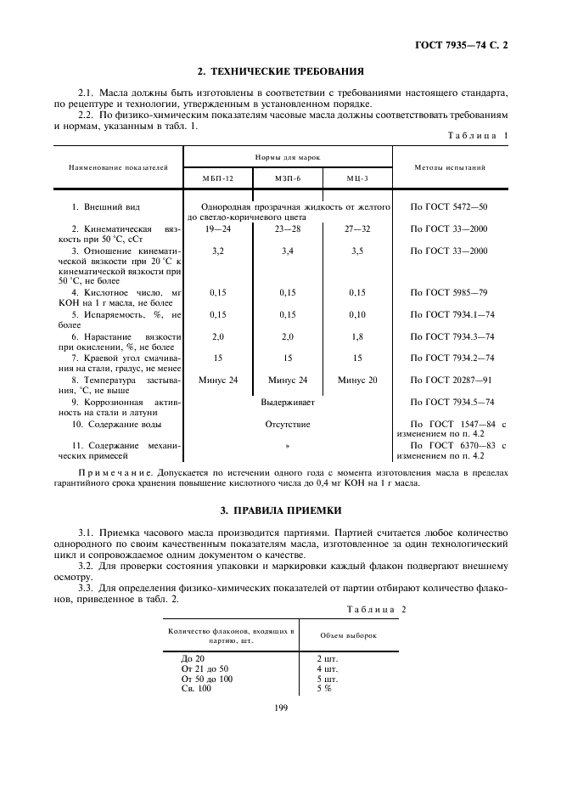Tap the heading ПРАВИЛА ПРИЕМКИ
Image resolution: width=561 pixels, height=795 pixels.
pos(280,510)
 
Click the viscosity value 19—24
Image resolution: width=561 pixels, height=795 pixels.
pos(217,229)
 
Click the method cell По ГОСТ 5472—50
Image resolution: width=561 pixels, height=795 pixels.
pos(449,206)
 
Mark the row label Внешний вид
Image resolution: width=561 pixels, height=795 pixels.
pos(106,206)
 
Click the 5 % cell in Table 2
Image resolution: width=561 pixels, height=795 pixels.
pos(324,688)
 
